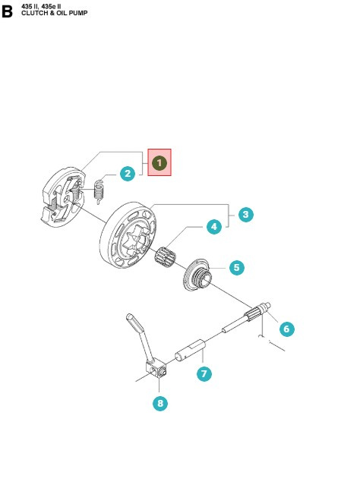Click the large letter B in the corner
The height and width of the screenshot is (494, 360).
pyautogui.click(x=8, y=11)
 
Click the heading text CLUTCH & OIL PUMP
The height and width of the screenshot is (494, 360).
pyautogui.click(x=54, y=13)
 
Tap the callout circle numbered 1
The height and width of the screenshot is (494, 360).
pyautogui.click(x=159, y=163)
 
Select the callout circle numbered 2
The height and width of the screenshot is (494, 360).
pyautogui.click(x=128, y=173)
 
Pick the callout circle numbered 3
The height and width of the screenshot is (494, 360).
pyautogui.click(x=246, y=215)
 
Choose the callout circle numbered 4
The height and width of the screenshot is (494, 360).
pyautogui.click(x=214, y=227)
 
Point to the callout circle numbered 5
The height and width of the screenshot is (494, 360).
pyautogui.click(x=237, y=267)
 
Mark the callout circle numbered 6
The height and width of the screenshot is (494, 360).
pyautogui.click(x=287, y=329)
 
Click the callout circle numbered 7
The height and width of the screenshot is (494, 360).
pyautogui.click(x=204, y=373)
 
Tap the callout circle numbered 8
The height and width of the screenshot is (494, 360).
pyautogui.click(x=160, y=403)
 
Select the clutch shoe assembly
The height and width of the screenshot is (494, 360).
pyautogui.click(x=63, y=197)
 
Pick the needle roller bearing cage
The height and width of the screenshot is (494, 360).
pyautogui.click(x=166, y=256)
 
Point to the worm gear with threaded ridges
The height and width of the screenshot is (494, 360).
pyautogui.click(x=197, y=275)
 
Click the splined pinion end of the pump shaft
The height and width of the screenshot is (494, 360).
pyautogui.click(x=257, y=311)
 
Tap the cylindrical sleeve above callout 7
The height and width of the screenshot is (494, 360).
pyautogui.click(x=191, y=351)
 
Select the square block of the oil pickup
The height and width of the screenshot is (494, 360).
pyautogui.click(x=156, y=368)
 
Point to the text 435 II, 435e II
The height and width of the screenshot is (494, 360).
pyautogui.click(x=41, y=6)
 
